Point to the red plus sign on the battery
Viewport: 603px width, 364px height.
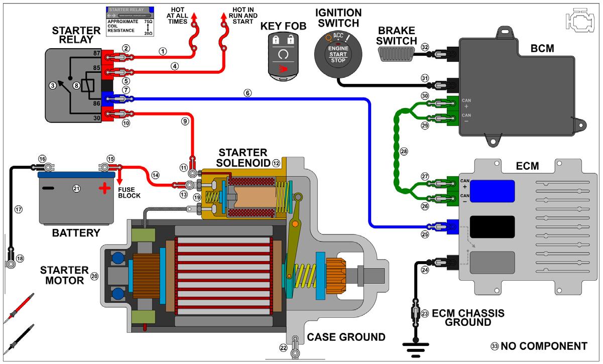tap(104, 189)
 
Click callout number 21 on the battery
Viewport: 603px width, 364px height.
tap(77, 189)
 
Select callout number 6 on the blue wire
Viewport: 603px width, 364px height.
tap(247, 93)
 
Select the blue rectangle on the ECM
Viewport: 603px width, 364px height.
tap(493, 191)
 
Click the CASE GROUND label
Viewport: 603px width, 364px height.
tap(346, 337)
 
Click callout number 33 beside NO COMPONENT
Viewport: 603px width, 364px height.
tap(494, 346)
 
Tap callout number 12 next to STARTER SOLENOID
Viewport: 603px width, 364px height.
tap(276, 163)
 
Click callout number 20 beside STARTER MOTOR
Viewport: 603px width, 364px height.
tap(94, 276)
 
